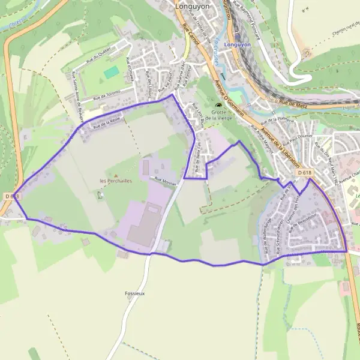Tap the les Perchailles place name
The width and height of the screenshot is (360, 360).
coord(116,181)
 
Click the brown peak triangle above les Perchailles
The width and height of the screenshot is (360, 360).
coord(116,175)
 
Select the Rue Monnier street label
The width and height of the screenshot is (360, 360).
coord(166,179)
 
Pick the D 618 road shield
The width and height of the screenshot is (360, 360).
coord(305,173)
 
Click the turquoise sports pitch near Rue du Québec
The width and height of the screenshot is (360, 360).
coord(111,72)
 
